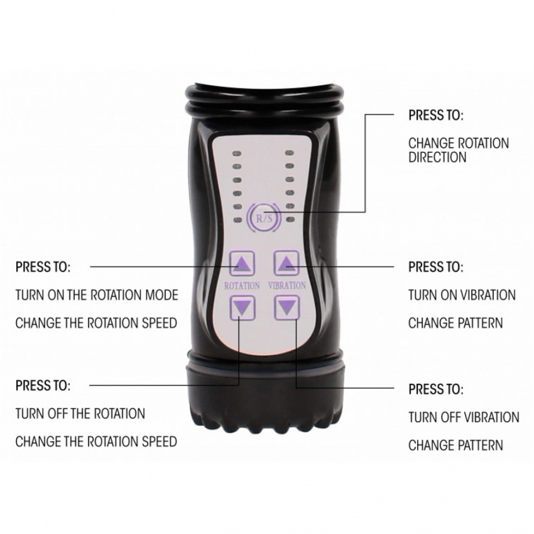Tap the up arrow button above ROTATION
click(242, 263)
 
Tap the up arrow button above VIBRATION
click(286, 263)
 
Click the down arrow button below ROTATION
click(242, 308)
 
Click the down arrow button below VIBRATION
click(287, 308)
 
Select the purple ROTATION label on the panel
click(242, 285)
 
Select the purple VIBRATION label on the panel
click(286, 285)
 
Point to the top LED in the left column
click(237, 153)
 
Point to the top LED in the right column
click(290, 153)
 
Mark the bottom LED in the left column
click(237, 220)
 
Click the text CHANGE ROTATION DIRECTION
click(459, 150)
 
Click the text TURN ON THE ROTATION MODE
click(97, 295)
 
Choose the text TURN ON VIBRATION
click(462, 295)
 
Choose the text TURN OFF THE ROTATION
click(80, 413)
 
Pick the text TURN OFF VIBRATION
click(464, 417)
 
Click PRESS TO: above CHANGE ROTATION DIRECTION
click(436, 115)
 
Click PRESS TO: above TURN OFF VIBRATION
click(436, 389)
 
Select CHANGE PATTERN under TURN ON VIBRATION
click(455, 323)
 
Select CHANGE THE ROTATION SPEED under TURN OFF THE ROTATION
click(96, 442)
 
